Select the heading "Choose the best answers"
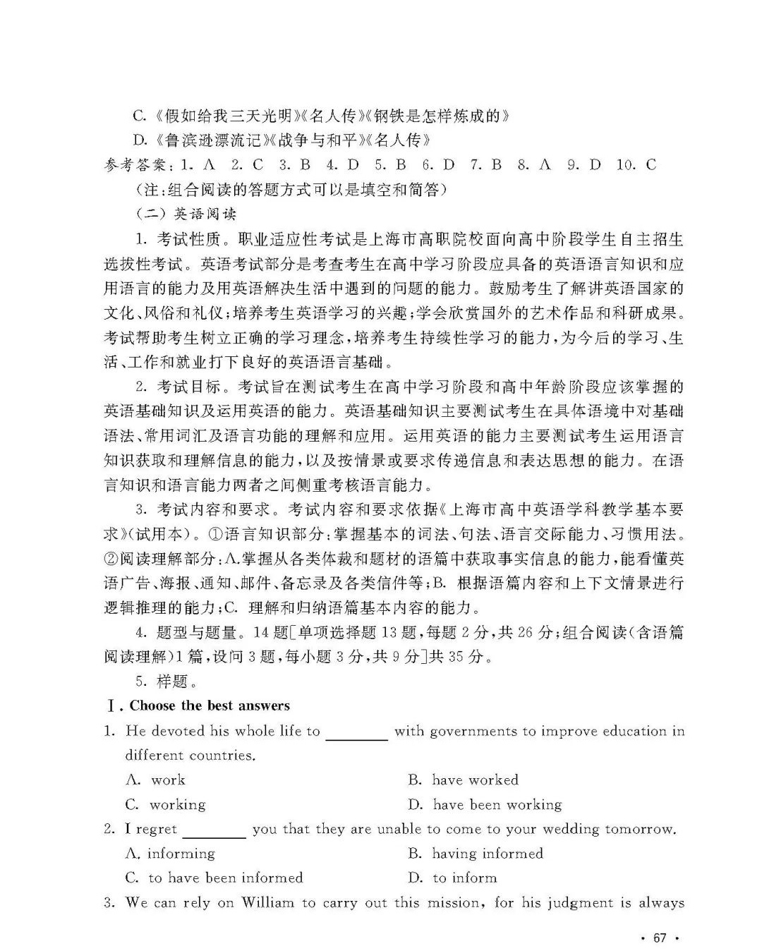(210, 705)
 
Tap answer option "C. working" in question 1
(165, 804)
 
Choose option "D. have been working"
(485, 804)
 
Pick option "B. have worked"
(463, 780)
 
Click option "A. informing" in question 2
(170, 853)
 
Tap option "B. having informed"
(476, 853)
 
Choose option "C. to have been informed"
(214, 878)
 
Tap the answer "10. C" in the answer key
(636, 165)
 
